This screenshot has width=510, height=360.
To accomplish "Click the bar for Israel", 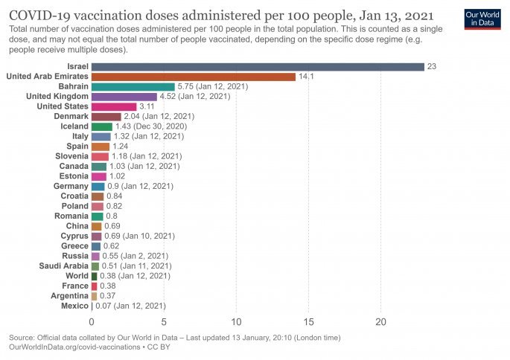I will (258, 66).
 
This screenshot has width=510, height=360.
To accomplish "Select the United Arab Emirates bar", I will (194, 77).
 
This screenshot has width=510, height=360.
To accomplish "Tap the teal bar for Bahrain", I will (133, 86).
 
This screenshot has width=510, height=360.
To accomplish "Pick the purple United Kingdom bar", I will (124, 97).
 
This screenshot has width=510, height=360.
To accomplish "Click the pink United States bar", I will (114, 106).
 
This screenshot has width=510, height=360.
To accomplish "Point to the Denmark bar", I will (106, 117).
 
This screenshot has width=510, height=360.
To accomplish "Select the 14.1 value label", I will (306, 77).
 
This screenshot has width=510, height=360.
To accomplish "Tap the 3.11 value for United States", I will (147, 106).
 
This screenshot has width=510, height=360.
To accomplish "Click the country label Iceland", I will (73, 126).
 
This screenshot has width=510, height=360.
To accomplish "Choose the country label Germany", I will (71, 186).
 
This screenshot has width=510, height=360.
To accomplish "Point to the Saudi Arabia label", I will (63, 266).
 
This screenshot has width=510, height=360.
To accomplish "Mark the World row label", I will (77, 276).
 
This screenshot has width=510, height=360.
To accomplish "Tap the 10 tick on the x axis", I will (237, 322).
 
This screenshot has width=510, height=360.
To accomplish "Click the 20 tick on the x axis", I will (381, 322).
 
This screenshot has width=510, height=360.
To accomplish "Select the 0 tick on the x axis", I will (92, 322).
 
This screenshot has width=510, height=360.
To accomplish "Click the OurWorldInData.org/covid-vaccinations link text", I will (71, 347).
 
